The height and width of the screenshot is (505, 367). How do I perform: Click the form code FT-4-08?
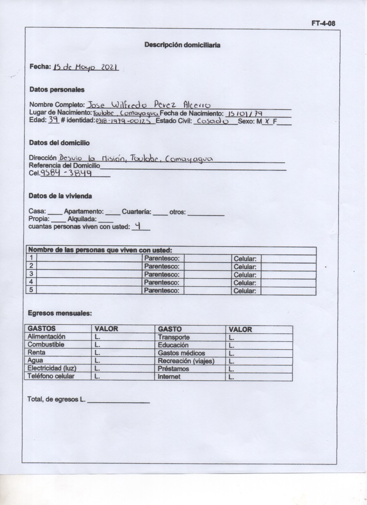[323, 24]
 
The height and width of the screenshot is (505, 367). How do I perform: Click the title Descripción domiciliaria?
[182, 44]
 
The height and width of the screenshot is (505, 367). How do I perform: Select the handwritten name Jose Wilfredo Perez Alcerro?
[149, 104]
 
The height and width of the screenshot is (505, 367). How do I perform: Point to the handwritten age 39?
[53, 120]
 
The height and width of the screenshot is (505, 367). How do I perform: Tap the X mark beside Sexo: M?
[267, 121]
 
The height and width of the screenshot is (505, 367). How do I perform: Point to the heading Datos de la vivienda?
[60, 196]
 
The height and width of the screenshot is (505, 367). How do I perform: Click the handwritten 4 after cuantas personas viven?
[138, 225]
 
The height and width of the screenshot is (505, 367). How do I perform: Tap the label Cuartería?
[136, 212]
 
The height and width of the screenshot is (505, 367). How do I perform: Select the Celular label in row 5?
[245, 291]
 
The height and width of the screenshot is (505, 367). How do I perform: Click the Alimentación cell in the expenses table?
[47, 337]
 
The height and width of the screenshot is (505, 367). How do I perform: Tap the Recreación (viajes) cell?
[186, 361]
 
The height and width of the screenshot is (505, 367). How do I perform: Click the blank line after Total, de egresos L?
[118, 399]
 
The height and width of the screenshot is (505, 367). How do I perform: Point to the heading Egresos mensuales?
[60, 313]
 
